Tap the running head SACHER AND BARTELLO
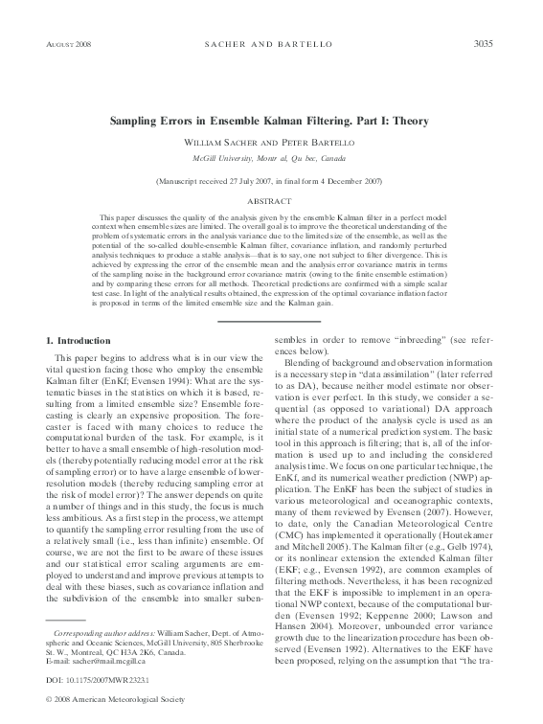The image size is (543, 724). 271,45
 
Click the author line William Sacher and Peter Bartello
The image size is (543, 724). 271,142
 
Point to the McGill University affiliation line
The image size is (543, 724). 271,156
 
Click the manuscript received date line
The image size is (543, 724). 271,180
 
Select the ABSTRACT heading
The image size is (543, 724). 271,201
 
